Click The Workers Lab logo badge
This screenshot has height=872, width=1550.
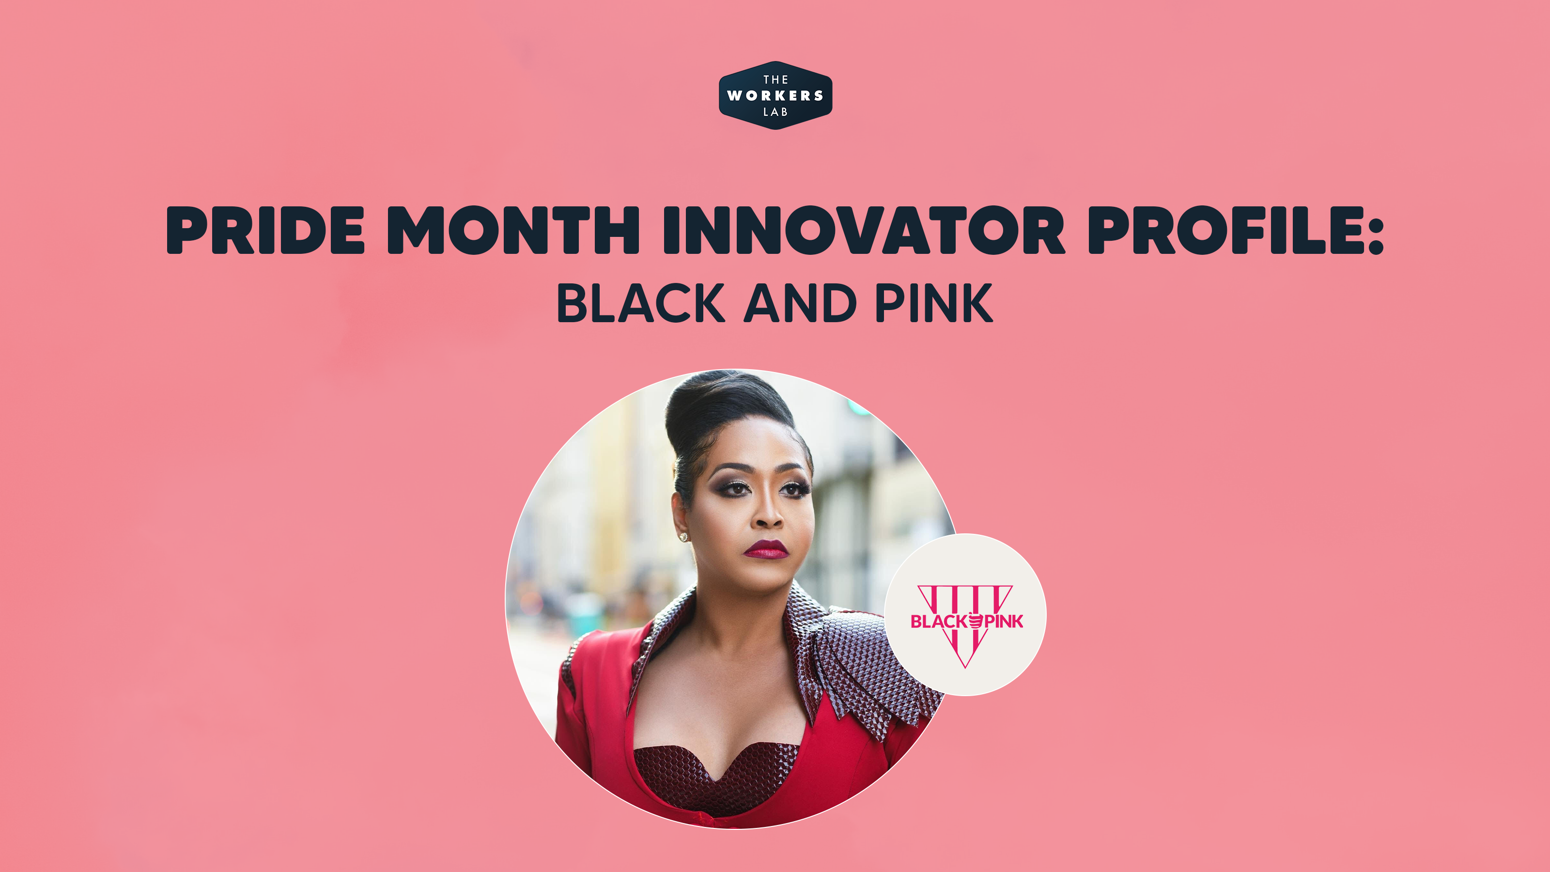coord(775,95)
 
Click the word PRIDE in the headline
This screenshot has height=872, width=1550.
coord(265,230)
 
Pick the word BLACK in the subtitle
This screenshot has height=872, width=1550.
coord(641,303)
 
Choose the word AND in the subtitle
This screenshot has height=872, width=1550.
coord(800,303)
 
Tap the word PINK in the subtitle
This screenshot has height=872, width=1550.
coord(933,303)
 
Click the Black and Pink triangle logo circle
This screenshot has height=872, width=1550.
coord(965,614)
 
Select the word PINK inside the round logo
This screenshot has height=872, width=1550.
coord(1004,622)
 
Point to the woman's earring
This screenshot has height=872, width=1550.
coord(683,536)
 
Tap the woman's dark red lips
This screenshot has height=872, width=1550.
coord(765,549)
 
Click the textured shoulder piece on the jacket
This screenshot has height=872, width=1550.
coord(867,662)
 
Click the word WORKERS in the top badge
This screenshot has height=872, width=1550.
coord(775,96)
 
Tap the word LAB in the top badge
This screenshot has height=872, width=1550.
coord(775,112)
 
